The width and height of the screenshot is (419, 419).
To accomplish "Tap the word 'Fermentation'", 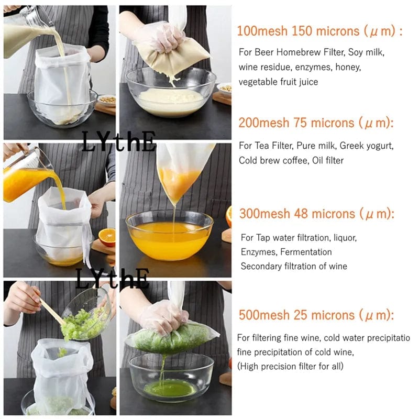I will coord(306,252).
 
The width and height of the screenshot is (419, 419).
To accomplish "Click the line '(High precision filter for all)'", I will coord(291,366).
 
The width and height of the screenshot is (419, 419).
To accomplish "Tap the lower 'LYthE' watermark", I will coord(112,278).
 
